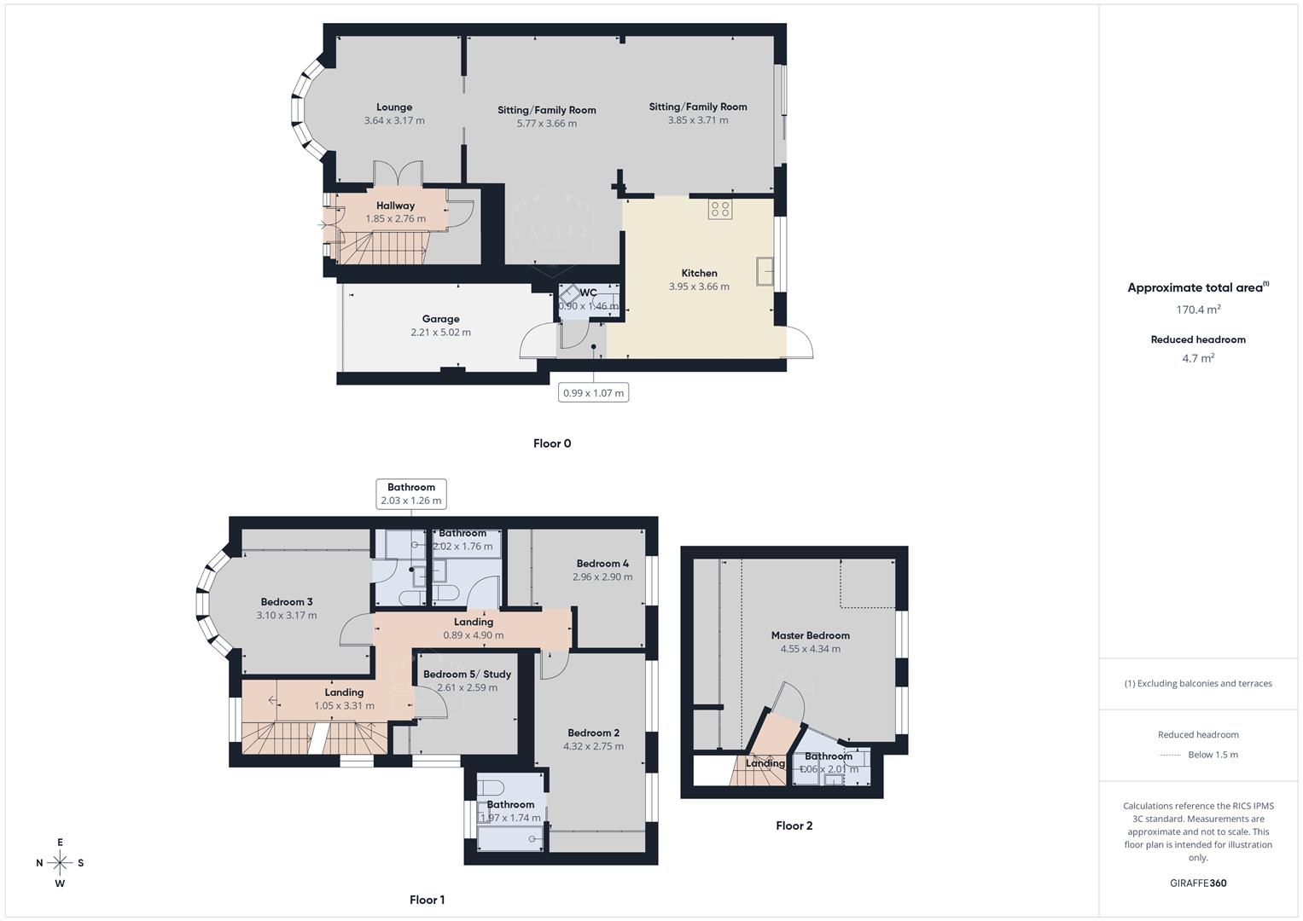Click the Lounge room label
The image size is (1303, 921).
pos(394,107)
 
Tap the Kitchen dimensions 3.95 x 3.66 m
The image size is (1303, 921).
pos(699,287)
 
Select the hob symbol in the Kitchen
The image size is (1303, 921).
pos(719,209)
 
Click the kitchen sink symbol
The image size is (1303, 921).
pos(765,271)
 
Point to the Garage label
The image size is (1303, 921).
pos(440,319)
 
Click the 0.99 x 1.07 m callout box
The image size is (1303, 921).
pos(594,392)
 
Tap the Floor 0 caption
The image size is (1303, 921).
pos(552,443)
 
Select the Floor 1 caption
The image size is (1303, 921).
pos(427,900)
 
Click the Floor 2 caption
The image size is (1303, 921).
pos(794,825)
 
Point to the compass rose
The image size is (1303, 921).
pos(60,863)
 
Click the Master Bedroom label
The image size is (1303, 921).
pos(810,635)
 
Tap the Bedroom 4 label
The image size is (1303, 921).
pos(602,564)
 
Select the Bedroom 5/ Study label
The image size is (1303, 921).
pos(467,674)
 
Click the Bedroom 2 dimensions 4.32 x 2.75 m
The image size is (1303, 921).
pos(593,746)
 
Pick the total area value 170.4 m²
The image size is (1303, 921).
pos(1198,310)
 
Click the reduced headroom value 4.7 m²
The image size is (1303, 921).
pos(1198,358)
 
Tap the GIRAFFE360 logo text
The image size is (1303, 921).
pos(1198,883)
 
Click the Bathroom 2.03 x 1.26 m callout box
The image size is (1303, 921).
pos(411,494)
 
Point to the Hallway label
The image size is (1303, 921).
pos(395,206)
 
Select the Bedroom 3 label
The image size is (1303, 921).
pos(286,602)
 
